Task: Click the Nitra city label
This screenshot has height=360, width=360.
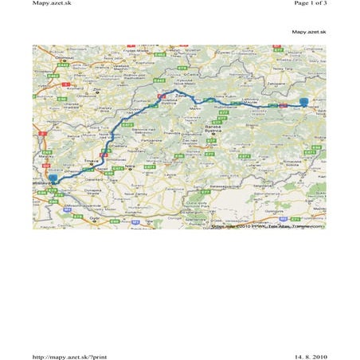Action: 130,166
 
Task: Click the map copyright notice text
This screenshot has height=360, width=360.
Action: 268,225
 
